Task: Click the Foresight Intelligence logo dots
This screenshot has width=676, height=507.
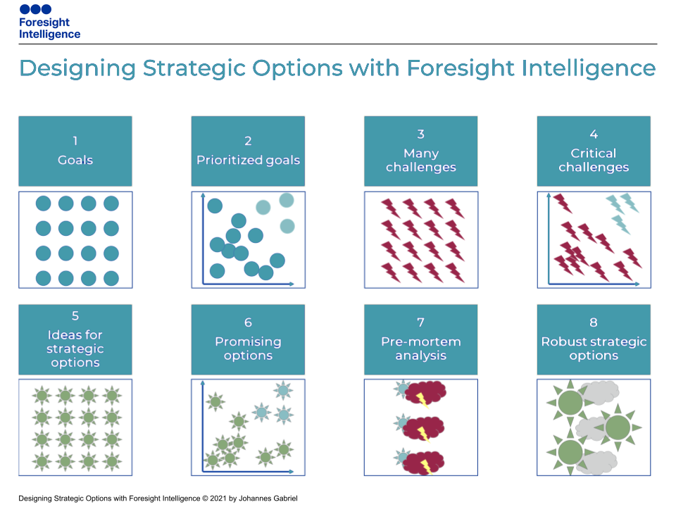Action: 35,9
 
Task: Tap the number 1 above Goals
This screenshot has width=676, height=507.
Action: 75,141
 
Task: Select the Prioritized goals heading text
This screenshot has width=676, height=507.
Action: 248,161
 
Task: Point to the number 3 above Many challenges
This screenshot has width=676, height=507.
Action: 421,134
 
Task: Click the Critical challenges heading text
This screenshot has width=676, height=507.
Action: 594,160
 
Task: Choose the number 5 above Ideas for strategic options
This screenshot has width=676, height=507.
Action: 75,315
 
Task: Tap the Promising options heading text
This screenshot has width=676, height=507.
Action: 248,349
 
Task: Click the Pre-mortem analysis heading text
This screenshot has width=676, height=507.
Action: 421,349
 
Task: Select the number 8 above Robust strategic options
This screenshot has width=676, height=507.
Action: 594,323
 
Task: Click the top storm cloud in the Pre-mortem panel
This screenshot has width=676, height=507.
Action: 425,393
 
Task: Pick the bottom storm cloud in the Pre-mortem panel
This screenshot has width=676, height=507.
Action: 424,463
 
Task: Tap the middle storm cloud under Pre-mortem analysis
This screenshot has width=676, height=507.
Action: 423,429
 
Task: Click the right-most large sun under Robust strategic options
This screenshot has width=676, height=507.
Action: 618,427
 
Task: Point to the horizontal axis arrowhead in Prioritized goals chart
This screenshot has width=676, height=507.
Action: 292,284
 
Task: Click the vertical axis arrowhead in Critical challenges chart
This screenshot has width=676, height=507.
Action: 549,195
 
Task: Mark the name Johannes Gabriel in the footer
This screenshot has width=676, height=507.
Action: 268,499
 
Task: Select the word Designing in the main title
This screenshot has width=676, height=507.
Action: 77,68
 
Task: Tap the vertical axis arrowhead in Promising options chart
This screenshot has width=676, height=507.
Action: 203,383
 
